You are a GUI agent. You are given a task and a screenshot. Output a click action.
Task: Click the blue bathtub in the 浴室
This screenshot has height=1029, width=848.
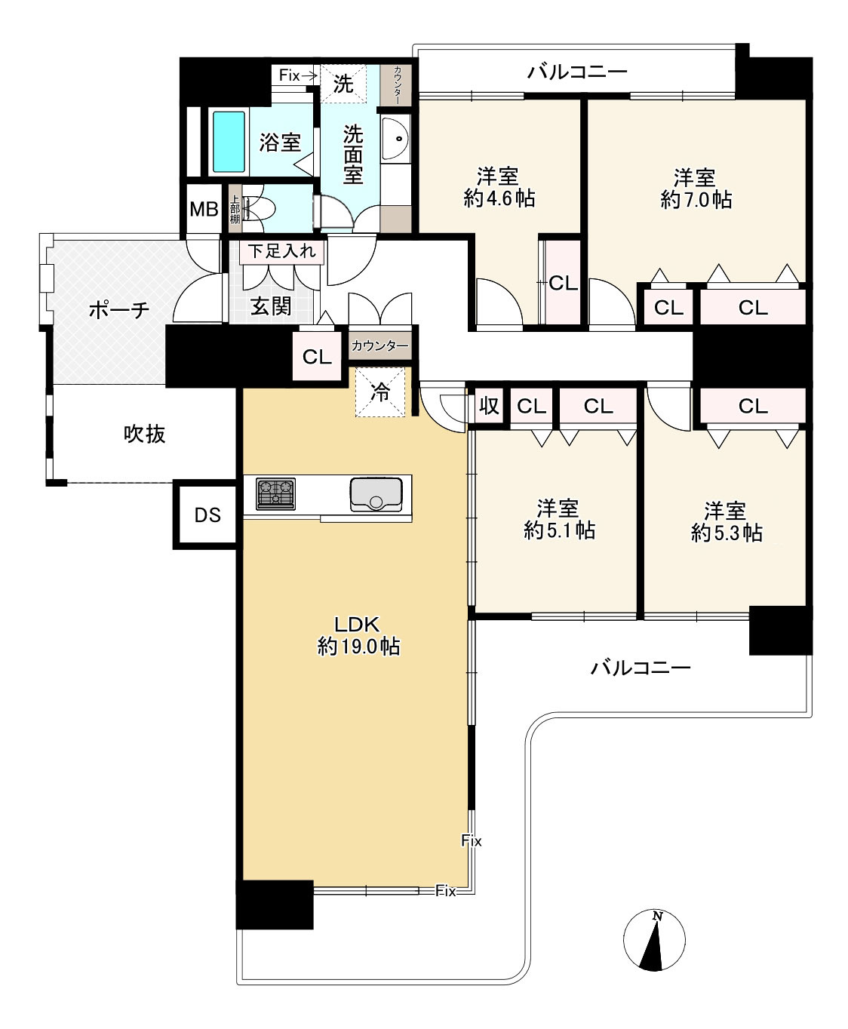click(x=229, y=141)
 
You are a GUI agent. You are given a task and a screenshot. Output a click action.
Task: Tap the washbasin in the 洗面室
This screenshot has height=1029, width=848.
click(x=395, y=139)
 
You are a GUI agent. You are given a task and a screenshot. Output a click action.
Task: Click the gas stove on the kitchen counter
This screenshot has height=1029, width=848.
click(x=275, y=493)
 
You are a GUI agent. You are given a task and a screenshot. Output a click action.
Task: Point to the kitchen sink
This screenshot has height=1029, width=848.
click(x=376, y=494)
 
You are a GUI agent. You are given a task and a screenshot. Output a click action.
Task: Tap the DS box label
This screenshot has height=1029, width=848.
click(x=207, y=515)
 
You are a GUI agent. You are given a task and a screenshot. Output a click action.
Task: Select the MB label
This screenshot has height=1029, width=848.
click(x=204, y=210)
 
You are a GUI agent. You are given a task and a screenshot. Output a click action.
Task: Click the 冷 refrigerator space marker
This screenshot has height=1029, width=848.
click(x=380, y=392)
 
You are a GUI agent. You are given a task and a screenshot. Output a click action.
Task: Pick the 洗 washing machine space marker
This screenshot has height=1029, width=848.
click(x=343, y=84)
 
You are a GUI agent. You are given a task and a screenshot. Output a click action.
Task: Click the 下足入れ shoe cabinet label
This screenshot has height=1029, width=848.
click(x=281, y=251)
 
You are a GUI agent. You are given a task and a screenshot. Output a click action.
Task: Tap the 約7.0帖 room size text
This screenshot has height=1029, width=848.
click(x=696, y=200)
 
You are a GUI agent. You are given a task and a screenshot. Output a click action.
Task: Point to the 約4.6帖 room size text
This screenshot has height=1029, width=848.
click(x=499, y=198)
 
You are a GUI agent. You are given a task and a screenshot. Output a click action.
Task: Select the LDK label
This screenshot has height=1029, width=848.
click(x=357, y=625)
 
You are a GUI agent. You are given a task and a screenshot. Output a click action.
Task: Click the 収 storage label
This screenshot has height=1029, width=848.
click(x=489, y=406)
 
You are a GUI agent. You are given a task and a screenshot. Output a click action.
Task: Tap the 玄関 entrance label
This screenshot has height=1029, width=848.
click(x=271, y=306)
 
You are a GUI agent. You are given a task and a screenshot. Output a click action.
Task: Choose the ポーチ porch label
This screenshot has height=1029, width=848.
click(x=118, y=311)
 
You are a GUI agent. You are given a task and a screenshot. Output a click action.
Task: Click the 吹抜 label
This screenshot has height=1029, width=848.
click(x=144, y=435)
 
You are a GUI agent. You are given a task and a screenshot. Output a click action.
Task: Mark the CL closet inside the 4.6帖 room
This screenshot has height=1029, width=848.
click(x=563, y=282)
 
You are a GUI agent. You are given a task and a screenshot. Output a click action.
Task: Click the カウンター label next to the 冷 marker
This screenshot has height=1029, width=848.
click(x=379, y=346)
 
